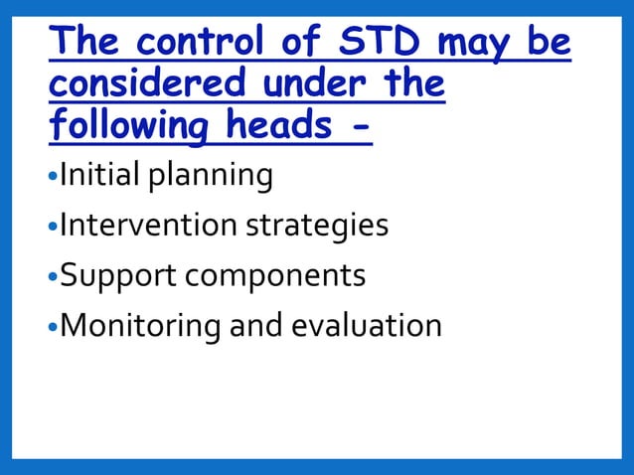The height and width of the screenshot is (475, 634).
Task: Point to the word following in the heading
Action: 129,128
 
